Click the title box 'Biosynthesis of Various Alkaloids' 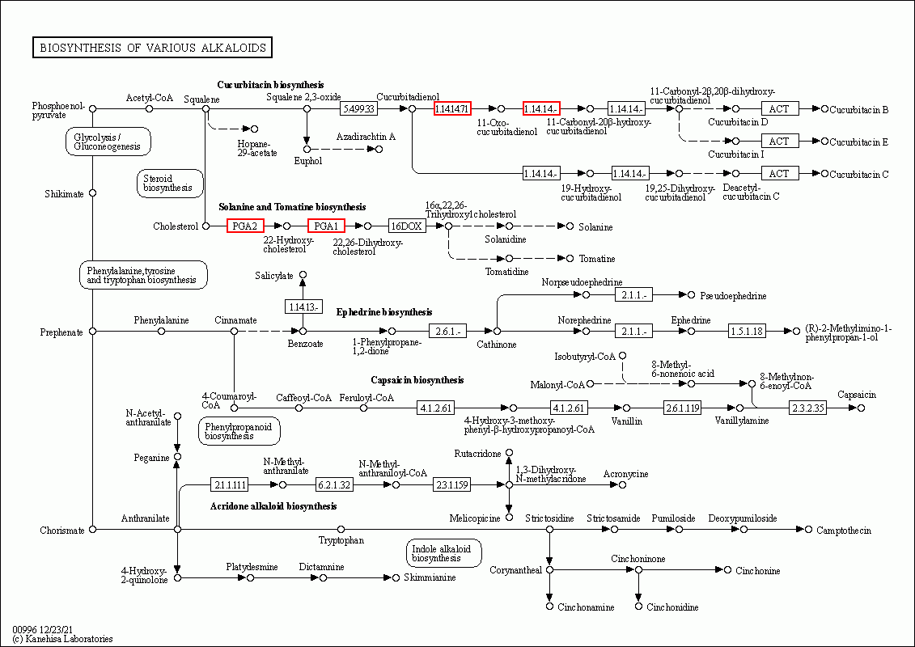[x=152, y=48]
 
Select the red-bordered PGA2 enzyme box [x=245, y=226]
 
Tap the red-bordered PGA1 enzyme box [x=326, y=226]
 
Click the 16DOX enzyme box [x=407, y=226]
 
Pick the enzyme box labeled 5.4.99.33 [x=358, y=108]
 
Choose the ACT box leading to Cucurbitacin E [x=779, y=142]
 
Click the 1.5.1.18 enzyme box [x=747, y=331]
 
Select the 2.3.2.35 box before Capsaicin [x=808, y=408]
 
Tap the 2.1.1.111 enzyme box [x=229, y=484]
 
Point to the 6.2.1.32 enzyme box [x=334, y=484]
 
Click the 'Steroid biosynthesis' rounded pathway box [x=170, y=183]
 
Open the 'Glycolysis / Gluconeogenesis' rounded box [x=108, y=142]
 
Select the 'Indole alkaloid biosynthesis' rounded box [x=444, y=553]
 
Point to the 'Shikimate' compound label [x=65, y=193]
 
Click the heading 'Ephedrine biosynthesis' [x=383, y=311]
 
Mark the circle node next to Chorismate [x=92, y=529]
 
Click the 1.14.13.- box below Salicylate [x=303, y=307]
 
